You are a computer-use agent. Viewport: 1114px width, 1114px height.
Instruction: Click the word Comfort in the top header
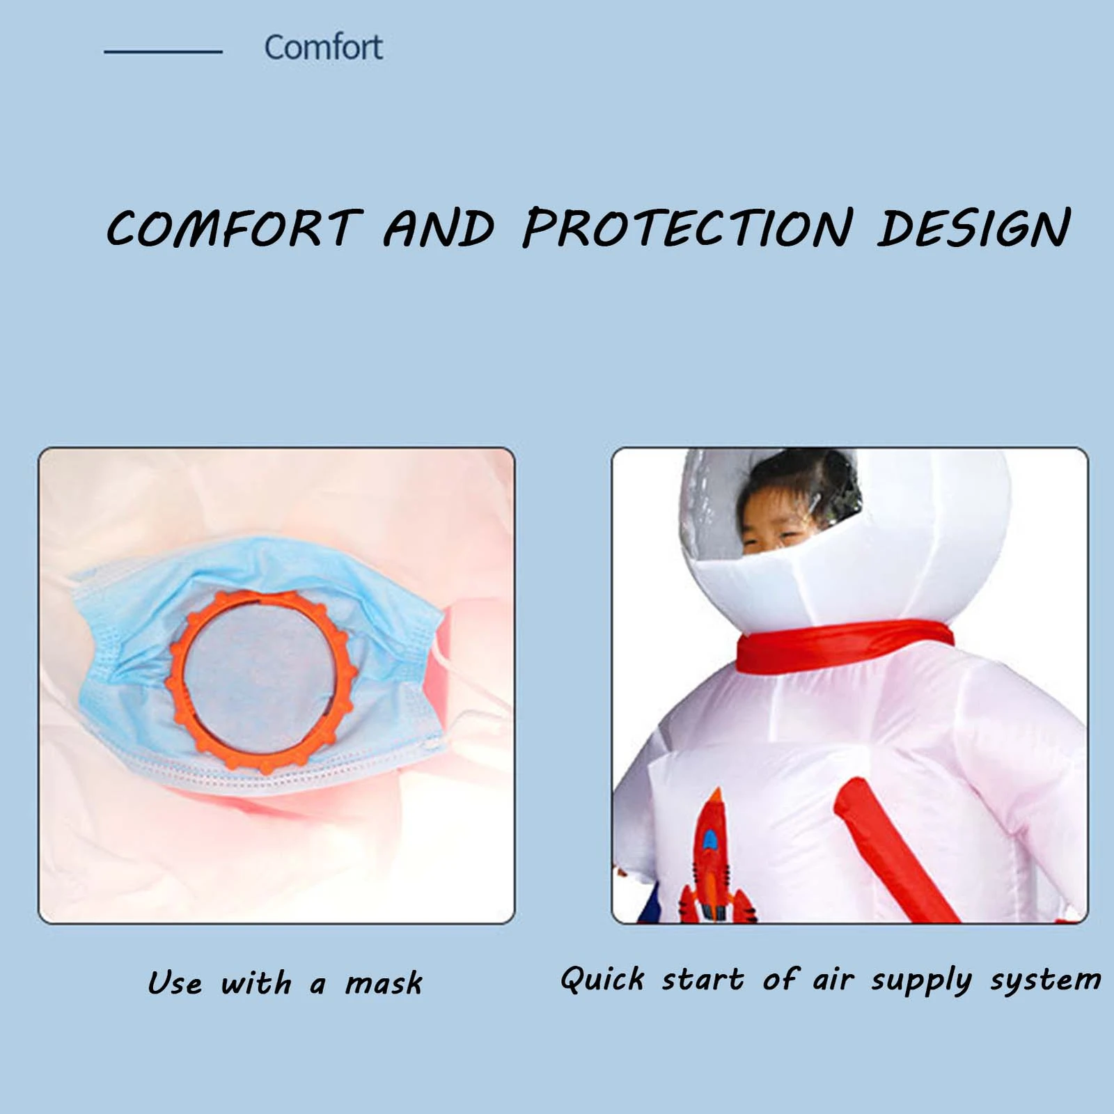click(323, 47)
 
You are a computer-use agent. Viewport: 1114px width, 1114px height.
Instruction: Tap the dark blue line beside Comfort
click(163, 52)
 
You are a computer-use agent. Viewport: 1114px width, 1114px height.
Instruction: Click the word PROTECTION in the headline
click(688, 228)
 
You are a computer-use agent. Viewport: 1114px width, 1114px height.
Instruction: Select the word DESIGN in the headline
click(974, 227)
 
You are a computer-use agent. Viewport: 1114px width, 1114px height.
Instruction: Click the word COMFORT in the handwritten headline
click(234, 228)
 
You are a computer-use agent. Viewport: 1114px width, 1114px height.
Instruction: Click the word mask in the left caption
click(384, 983)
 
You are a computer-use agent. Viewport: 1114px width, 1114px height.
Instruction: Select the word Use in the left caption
click(175, 983)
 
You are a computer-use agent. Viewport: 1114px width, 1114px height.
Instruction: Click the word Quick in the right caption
click(603, 979)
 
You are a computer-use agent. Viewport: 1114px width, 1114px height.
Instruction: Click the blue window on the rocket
click(709, 840)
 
